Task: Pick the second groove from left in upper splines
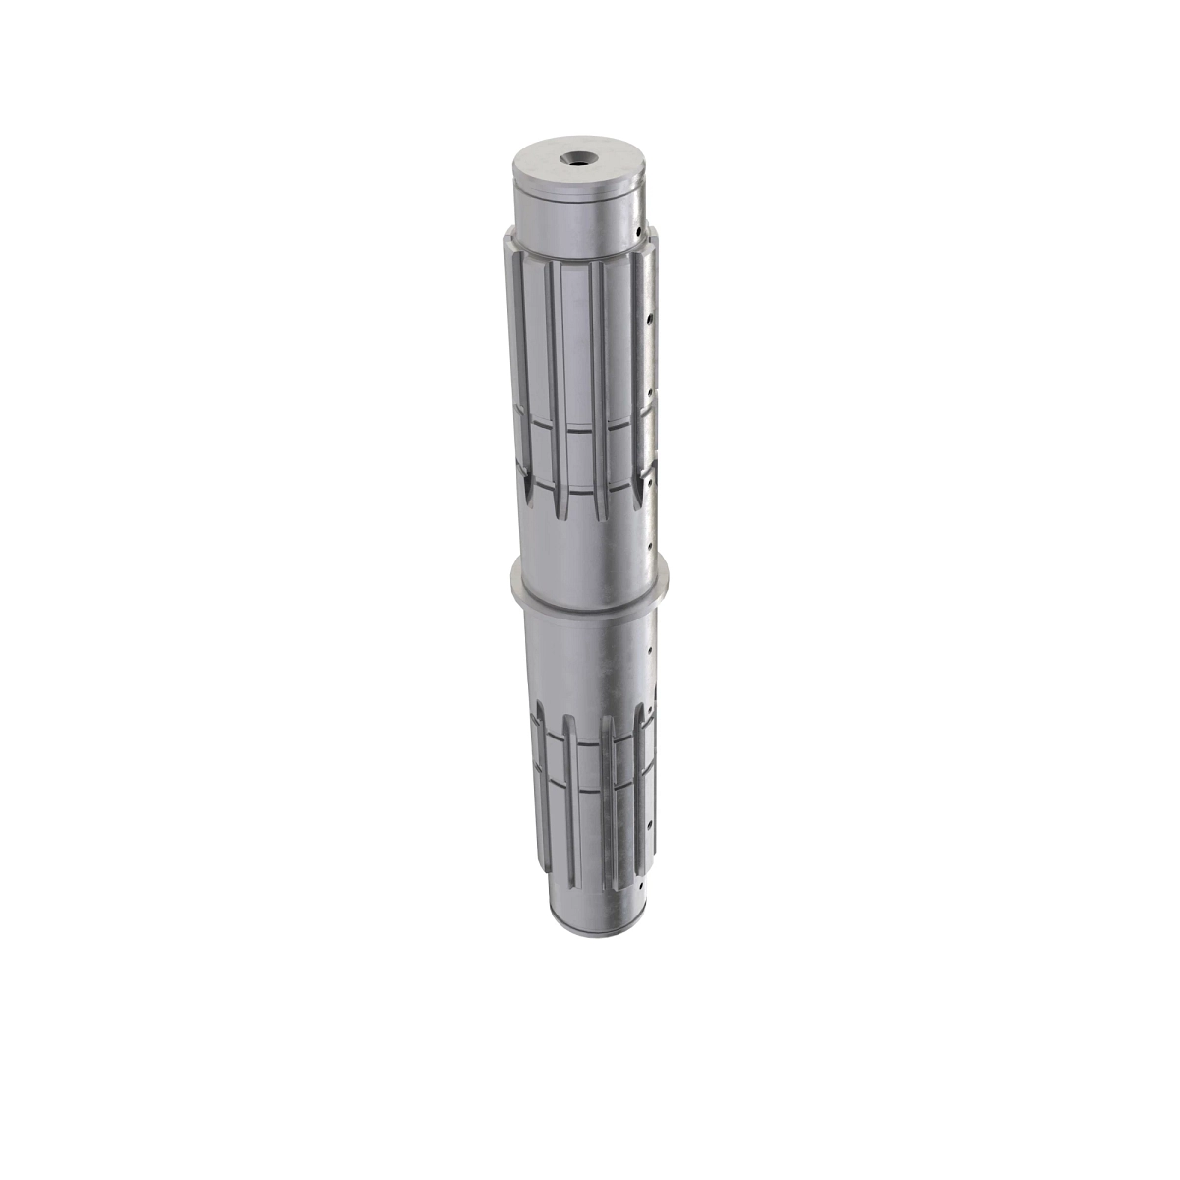[557, 383]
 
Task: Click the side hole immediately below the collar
[651, 648]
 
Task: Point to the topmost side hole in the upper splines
[649, 320]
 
